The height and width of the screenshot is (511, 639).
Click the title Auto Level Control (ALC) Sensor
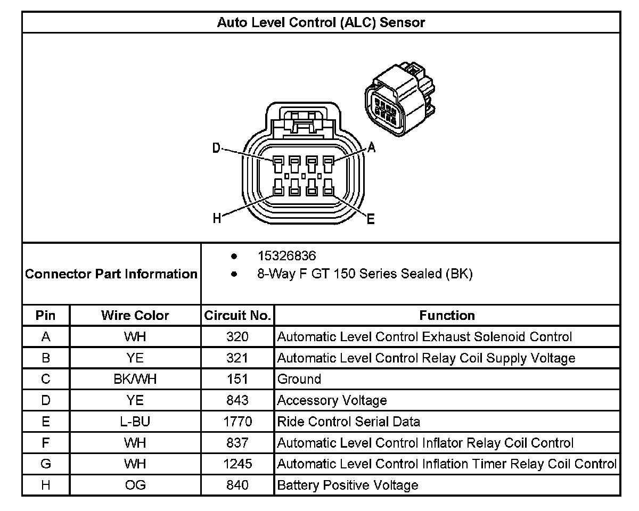[321, 22]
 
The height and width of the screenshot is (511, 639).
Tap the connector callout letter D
[216, 148]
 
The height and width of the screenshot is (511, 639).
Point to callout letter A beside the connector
[372, 148]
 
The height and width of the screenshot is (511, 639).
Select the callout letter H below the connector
[217, 218]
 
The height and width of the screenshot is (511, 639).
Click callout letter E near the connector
[371, 218]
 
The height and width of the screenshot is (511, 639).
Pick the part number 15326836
[286, 256]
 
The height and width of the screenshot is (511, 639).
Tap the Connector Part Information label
[111, 274]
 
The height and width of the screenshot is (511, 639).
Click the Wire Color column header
[135, 316]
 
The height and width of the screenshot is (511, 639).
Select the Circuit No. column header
[237, 316]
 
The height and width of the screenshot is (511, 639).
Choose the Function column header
[447, 316]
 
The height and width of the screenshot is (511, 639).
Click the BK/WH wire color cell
[135, 379]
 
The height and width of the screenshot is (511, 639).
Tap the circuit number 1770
[237, 422]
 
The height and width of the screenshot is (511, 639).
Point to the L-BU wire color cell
[135, 422]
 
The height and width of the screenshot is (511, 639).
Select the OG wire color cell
[135, 485]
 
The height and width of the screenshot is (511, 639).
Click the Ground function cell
[299, 379]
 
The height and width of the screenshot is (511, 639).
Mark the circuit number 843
[237, 400]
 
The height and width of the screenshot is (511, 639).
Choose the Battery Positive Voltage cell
[348, 485]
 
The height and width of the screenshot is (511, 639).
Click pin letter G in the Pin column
[46, 464]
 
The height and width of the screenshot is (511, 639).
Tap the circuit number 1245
[237, 464]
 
